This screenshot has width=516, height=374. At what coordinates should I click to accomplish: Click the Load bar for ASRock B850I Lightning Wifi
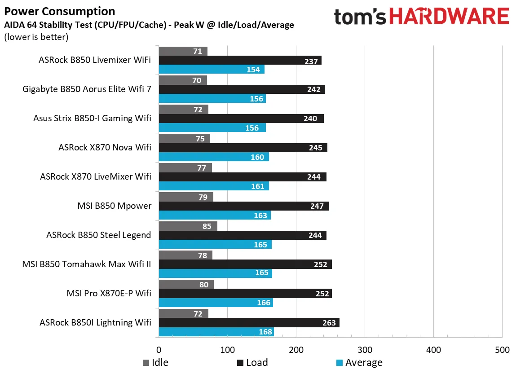pyautogui.click(x=249, y=323)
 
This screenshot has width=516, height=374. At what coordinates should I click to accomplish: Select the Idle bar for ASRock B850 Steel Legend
pyautogui.click(x=188, y=226)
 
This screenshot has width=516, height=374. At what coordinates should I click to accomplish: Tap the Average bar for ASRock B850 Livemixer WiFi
pyautogui.click(x=212, y=70)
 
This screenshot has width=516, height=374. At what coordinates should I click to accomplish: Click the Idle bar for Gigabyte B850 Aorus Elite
pyautogui.click(x=183, y=80)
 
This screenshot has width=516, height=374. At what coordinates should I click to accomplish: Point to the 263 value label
pyautogui.click(x=329, y=323)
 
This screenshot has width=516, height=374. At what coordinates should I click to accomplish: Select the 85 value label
pyautogui.click(x=207, y=226)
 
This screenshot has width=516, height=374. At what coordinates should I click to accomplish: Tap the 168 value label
pyautogui.click(x=264, y=332)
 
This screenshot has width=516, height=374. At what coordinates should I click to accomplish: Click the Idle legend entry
pyautogui.click(x=155, y=363)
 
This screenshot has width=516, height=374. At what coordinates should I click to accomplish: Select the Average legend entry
pyautogui.click(x=359, y=363)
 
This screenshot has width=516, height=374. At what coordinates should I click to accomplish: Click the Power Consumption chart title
pyautogui.click(x=59, y=11)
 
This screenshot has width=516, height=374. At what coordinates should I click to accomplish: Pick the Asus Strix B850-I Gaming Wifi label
pyautogui.click(x=92, y=119)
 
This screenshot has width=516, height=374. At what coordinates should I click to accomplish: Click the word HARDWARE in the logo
pyautogui.click(x=449, y=17)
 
